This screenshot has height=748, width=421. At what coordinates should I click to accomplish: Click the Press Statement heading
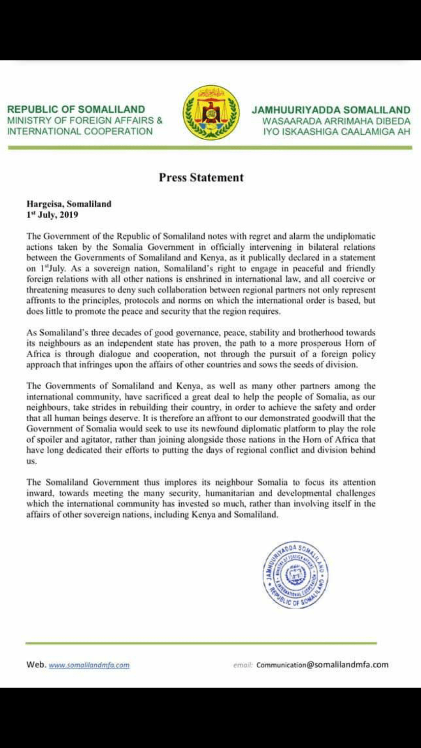point(201,178)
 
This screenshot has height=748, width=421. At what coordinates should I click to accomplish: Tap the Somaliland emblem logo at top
point(211,113)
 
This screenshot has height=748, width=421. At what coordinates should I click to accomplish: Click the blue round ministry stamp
point(295,574)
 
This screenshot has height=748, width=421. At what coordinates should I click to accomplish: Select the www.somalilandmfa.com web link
point(89,665)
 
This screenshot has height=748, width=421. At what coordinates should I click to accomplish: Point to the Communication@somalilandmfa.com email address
point(322,665)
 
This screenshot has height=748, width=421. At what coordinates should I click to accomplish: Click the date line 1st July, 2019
point(52,215)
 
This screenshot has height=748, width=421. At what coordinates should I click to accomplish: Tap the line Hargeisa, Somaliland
point(69,204)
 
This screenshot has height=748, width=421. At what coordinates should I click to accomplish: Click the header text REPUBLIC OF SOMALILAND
point(76,109)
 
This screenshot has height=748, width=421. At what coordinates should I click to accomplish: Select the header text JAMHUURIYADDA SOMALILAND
point(331,110)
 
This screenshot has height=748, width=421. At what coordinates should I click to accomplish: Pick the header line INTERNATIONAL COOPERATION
point(80,131)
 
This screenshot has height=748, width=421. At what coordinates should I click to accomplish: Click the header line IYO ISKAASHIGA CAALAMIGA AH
point(336,132)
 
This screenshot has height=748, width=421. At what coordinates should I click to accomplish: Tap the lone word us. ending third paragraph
point(32,461)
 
